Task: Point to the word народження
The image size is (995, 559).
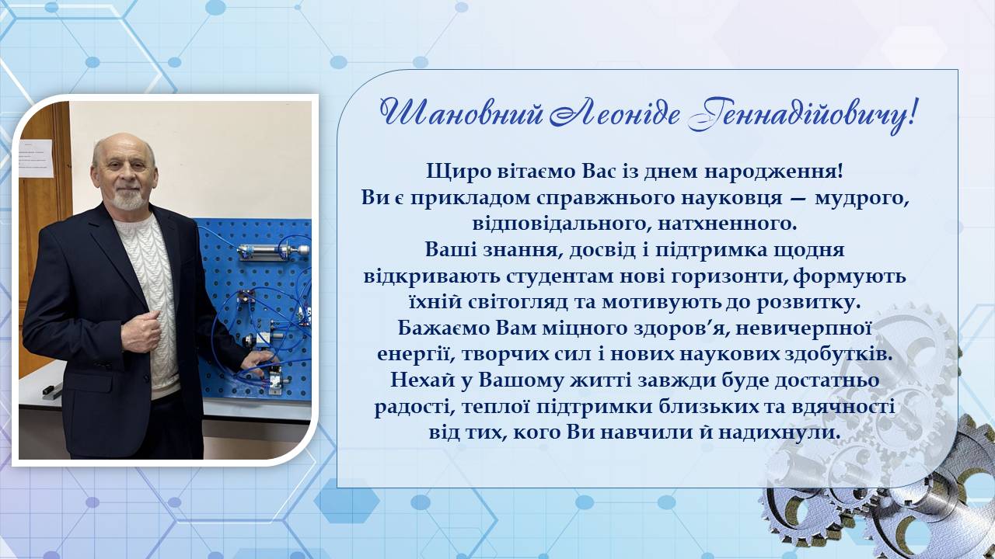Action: coord(773,172)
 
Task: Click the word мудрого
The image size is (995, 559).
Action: coord(862,198)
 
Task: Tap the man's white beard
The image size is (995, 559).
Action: coord(128,199)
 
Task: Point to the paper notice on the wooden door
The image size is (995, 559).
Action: coord(36,158)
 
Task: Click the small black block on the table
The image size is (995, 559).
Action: coord(48,391)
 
